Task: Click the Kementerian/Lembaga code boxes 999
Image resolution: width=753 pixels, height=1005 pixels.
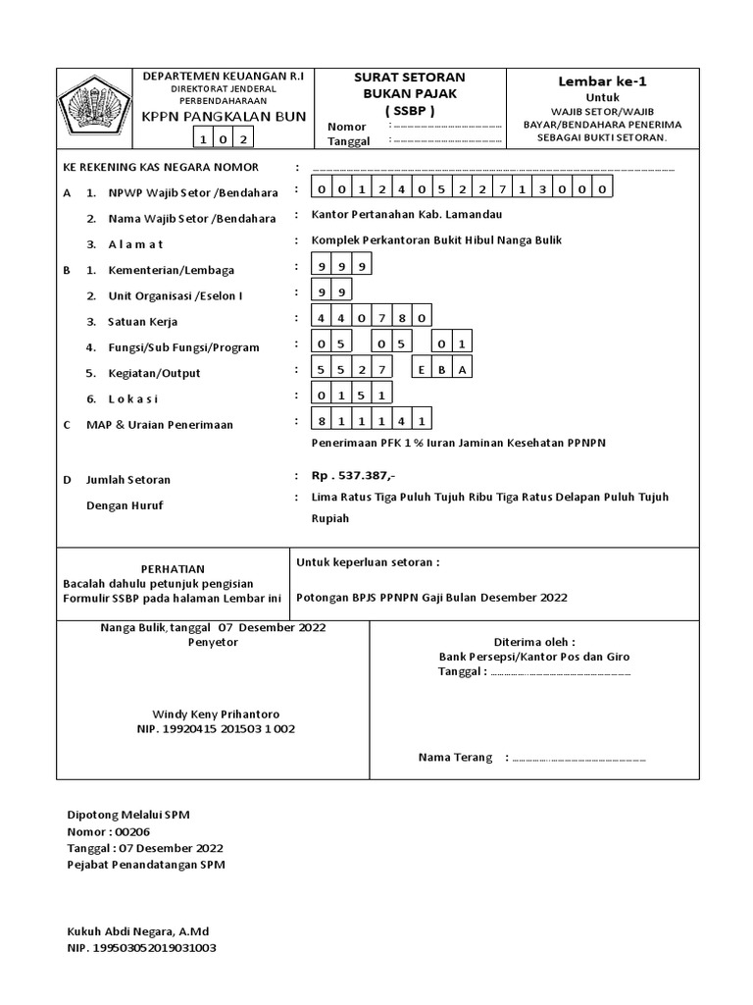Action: (x=342, y=266)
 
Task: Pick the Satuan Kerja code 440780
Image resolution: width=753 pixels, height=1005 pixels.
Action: (x=372, y=317)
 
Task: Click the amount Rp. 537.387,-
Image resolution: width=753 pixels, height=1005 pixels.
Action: (x=353, y=476)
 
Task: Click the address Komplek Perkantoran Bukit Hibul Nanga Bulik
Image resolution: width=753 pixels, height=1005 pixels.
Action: (x=436, y=240)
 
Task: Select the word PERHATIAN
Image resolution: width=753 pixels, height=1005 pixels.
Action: (x=173, y=568)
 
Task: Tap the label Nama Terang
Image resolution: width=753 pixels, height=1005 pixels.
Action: (x=455, y=758)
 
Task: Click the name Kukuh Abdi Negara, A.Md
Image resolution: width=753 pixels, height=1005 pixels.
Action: (x=137, y=931)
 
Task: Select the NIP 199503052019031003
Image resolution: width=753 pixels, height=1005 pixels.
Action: (x=141, y=948)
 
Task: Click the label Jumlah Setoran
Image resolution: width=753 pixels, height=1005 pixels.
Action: (x=128, y=480)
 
